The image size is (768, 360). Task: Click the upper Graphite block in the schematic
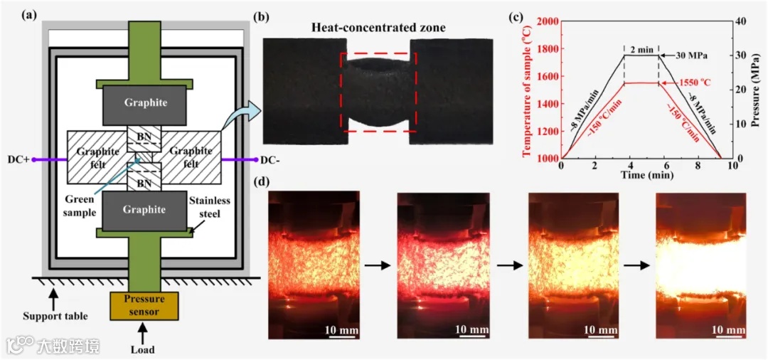click(x=146, y=102)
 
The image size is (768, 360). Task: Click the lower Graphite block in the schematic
click(x=146, y=209)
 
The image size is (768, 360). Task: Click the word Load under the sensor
click(x=144, y=349)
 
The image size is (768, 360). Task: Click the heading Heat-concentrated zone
click(x=378, y=28)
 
